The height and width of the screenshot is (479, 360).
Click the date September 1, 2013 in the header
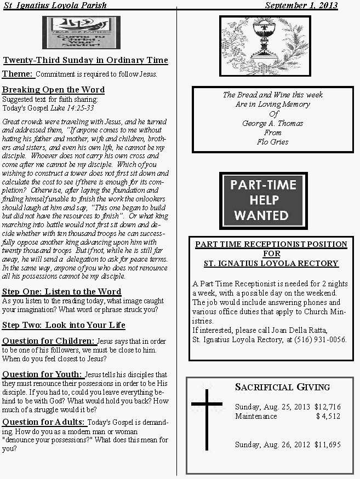click(x=301, y=5)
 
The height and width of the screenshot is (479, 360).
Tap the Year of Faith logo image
click(x=81, y=32)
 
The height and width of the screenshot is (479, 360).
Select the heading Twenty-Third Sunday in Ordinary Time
click(x=85, y=60)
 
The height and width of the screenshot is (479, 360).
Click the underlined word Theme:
click(x=18, y=74)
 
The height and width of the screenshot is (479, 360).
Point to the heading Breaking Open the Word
click(x=53, y=90)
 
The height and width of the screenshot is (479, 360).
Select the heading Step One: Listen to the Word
click(x=61, y=292)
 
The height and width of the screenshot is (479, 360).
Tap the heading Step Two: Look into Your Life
click(x=64, y=325)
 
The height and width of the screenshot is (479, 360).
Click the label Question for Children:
click(x=48, y=341)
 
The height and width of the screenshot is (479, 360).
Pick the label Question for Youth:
click(x=43, y=374)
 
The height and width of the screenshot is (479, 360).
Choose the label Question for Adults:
click(x=44, y=422)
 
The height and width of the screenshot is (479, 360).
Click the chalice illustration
click(x=265, y=45)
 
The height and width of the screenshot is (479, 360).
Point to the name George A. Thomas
click(x=272, y=123)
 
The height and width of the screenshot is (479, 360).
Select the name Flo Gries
click(x=272, y=142)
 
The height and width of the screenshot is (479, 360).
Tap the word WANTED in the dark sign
click(x=262, y=215)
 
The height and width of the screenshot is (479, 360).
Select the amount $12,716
click(x=328, y=407)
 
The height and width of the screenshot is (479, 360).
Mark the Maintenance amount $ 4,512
click(x=328, y=416)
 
